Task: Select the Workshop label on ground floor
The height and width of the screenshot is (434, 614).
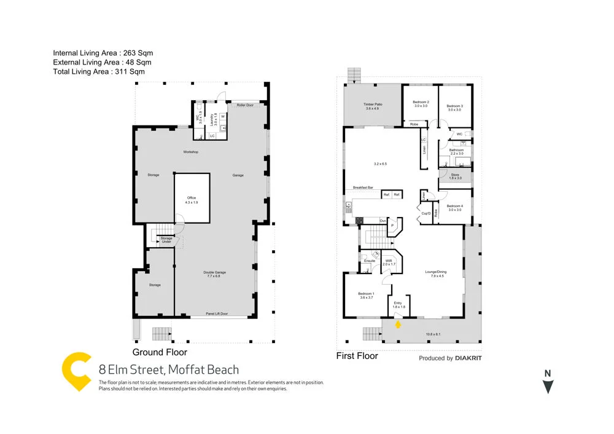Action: coord(190,152)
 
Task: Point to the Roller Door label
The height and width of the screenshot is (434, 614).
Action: coord(245,105)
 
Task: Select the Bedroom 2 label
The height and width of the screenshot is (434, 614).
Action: coord(421,104)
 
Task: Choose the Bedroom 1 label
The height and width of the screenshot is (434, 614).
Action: coord(366,295)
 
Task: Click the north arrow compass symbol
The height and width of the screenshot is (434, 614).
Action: coord(548,383)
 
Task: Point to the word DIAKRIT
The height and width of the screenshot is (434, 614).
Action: coord(468,358)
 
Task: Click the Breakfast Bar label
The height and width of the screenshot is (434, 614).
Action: coord(364,187)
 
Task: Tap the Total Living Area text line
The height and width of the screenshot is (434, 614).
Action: coord(99,72)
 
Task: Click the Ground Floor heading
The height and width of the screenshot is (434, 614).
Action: coord(160,352)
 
